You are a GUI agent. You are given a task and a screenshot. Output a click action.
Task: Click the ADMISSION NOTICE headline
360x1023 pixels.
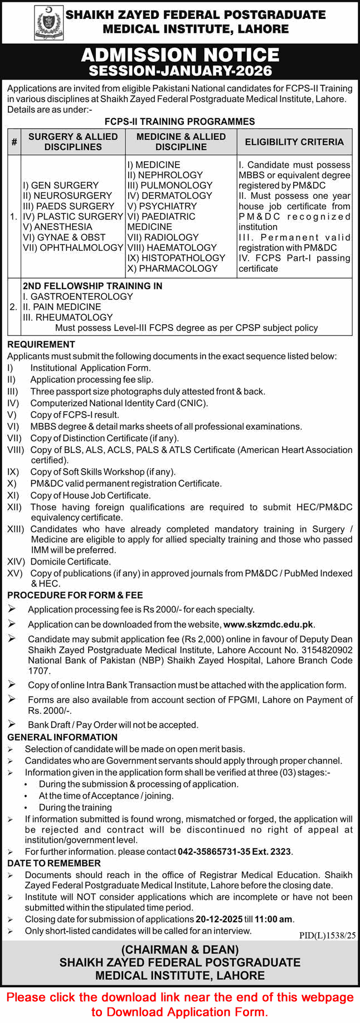pyautogui.click(x=180, y=55)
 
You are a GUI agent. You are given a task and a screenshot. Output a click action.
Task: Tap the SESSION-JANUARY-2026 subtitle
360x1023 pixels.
pyautogui.click(x=180, y=71)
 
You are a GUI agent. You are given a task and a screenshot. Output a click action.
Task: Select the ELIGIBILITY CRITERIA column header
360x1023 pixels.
pyautogui.click(x=294, y=142)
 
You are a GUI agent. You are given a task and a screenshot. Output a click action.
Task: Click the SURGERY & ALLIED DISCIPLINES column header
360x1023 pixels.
pyautogui.click(x=73, y=142)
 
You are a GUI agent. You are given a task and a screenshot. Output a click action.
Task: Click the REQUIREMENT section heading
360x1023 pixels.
pyautogui.click(x=41, y=344)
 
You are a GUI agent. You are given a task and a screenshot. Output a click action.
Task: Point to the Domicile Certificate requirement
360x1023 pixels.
pyautogui.click(x=70, y=562)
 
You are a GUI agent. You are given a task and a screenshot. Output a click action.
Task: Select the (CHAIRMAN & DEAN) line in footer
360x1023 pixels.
pyautogui.click(x=180, y=950)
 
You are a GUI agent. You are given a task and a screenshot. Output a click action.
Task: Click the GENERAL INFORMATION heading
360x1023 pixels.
pyautogui.click(x=62, y=737)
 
